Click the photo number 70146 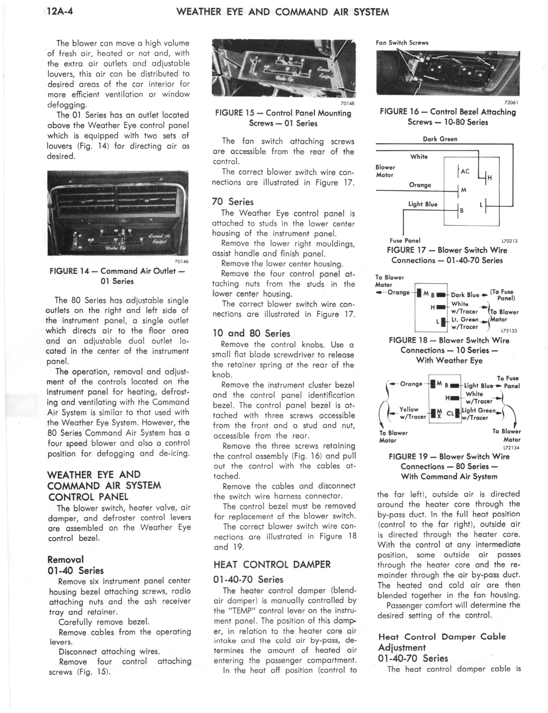click(x=181, y=261)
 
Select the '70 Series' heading click(x=233, y=202)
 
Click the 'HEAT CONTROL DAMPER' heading click(x=272, y=564)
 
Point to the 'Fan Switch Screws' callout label click(x=402, y=43)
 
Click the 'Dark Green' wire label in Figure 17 click(x=440, y=139)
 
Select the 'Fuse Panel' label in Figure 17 click(x=405, y=240)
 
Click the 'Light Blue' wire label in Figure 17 click(x=423, y=204)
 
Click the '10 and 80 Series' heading click(x=251, y=333)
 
